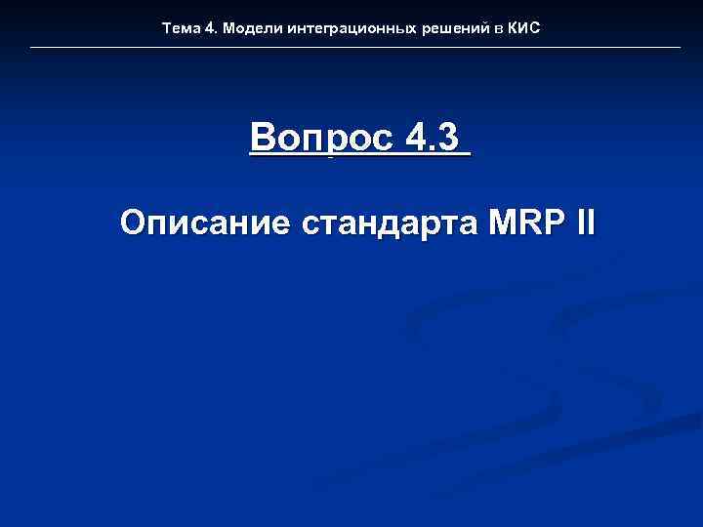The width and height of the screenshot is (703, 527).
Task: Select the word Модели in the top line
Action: coord(249,28)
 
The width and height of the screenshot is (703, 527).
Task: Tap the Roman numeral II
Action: coord(584,223)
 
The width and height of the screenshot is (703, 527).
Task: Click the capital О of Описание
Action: coord(134,223)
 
